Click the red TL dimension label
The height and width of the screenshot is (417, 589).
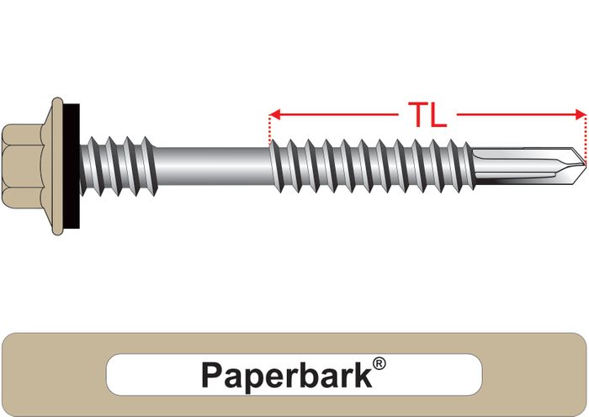[x=427, y=115]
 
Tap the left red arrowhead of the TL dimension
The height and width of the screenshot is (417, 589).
[x=274, y=114]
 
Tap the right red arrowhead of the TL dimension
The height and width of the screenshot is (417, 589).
[x=581, y=114]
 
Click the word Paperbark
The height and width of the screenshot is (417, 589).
[x=287, y=375]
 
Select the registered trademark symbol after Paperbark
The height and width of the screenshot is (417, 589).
[x=379, y=364]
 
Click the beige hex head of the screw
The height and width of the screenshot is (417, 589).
[x=23, y=166]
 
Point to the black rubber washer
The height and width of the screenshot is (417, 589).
[x=72, y=166]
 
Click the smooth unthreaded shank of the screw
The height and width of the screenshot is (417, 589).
[x=212, y=166]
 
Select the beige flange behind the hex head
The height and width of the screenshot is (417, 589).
[x=53, y=166]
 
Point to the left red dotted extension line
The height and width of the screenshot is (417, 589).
[x=270, y=129]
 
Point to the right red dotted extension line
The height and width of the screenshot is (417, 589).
[x=586, y=140]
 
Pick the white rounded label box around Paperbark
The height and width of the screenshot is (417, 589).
[x=294, y=375]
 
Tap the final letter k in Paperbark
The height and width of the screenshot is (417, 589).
[x=363, y=374]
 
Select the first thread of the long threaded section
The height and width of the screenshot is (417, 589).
[x=277, y=166]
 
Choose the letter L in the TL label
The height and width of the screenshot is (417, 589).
[x=438, y=115]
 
